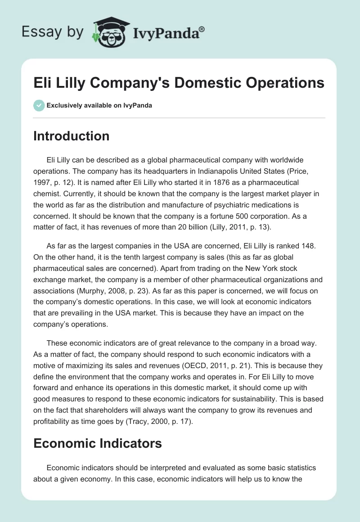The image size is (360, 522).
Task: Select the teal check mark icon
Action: click(x=39, y=105)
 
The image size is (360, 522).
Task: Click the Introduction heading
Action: click(x=71, y=136)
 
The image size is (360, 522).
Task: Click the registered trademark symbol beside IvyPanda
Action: click(x=202, y=28)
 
